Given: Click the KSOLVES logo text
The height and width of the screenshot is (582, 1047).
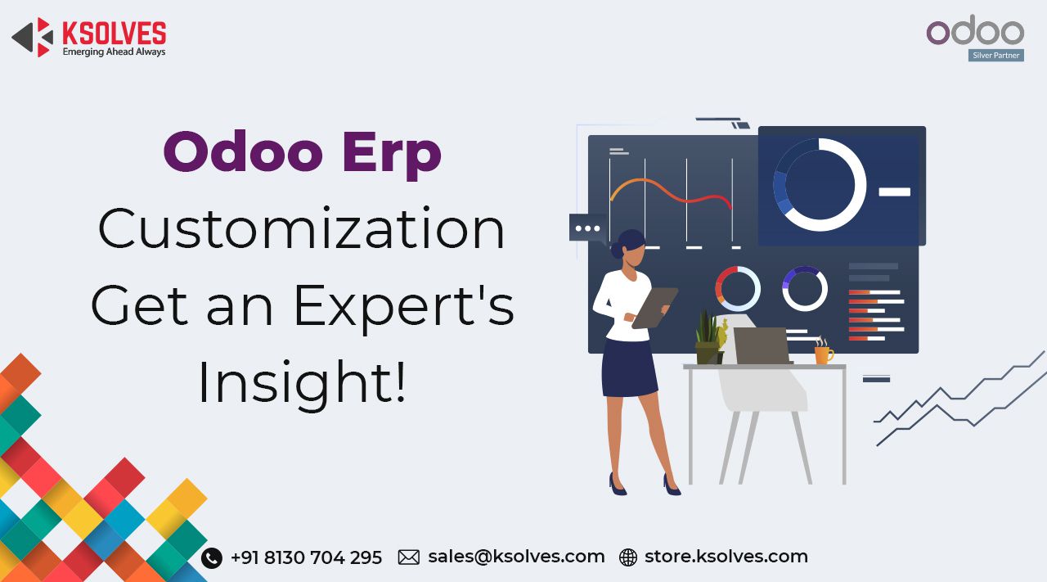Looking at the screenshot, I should point(114,33).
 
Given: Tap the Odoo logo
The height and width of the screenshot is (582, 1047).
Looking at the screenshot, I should point(975,32).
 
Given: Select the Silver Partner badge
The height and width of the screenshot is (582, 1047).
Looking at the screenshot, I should point(995,56).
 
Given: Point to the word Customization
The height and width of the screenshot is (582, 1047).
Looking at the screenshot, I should point(302,229).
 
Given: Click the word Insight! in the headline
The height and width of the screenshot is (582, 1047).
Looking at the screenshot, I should point(302,383).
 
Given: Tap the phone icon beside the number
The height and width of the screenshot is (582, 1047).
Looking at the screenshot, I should point(212,557).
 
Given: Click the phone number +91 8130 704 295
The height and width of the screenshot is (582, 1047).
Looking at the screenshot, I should point(306,557).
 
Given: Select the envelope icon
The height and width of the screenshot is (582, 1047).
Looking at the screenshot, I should point(409,557).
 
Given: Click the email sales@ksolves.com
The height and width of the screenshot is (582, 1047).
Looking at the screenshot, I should point(516,557).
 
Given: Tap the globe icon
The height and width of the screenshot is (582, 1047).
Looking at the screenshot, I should point(628,557).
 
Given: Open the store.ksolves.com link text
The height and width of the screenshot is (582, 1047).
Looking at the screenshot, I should point(726,557).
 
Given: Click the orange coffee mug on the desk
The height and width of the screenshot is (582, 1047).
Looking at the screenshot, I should point(823,354).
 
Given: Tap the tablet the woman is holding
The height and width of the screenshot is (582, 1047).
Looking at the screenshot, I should point(655,307).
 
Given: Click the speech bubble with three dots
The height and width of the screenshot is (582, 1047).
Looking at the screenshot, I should point(587,228).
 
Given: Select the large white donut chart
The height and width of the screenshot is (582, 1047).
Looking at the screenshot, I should point(820,185).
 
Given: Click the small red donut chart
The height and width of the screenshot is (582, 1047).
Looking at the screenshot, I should point(737,288).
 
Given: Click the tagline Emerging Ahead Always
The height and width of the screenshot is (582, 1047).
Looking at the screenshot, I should point(114,52).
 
